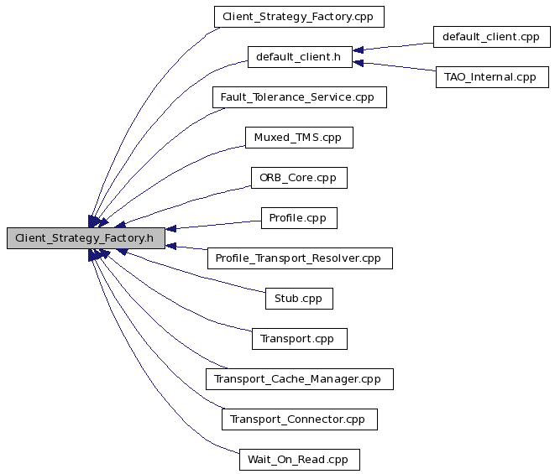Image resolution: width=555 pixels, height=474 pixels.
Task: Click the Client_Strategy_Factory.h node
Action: pyautogui.click(x=86, y=238)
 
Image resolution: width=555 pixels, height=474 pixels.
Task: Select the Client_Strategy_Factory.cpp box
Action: pyautogui.click(x=299, y=17)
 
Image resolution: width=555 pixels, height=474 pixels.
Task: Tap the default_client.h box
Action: pyautogui.click(x=300, y=57)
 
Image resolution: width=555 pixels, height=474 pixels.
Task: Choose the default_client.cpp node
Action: pyautogui.click(x=492, y=37)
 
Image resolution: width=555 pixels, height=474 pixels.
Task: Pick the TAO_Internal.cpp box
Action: pyautogui.click(x=492, y=77)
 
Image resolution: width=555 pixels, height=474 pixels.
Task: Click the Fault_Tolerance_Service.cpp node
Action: pyautogui.click(x=300, y=97)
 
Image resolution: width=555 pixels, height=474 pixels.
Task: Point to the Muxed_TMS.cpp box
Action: pyautogui.click(x=299, y=138)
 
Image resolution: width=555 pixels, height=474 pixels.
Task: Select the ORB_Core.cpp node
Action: pyautogui.click(x=299, y=178)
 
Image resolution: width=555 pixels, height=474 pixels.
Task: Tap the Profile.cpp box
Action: pyautogui.click(x=299, y=218)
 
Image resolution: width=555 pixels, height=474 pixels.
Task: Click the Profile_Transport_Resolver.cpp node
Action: pyautogui.click(x=300, y=258)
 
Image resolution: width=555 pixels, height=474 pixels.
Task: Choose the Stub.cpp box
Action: pyautogui.click(x=299, y=299)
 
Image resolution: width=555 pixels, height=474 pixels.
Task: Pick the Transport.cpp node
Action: pyautogui.click(x=300, y=339)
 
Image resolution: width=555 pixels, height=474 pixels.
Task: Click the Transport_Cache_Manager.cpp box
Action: pyautogui.click(x=300, y=379)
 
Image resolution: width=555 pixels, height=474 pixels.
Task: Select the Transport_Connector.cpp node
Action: pyautogui.click(x=300, y=419)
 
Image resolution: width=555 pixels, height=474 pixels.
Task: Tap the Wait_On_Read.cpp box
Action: pyautogui.click(x=300, y=460)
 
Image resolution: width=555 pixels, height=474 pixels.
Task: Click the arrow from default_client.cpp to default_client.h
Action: pyautogui.click(x=393, y=47)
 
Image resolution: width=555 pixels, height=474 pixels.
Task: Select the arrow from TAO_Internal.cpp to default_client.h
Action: pyautogui.click(x=395, y=67)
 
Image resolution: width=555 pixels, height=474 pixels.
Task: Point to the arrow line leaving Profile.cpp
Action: pyautogui.click(x=213, y=225)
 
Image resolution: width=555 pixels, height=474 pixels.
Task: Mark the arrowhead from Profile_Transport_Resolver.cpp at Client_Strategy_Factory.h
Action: pyautogui.click(x=170, y=246)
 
